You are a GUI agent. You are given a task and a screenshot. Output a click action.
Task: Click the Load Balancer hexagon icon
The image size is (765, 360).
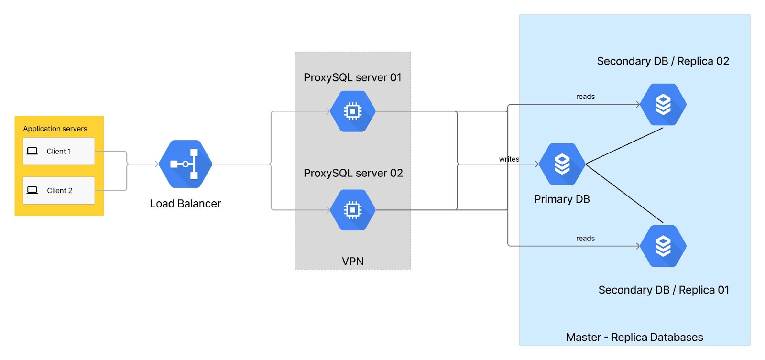click(186, 164)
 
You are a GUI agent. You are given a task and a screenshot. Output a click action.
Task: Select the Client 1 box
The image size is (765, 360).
click(59, 151)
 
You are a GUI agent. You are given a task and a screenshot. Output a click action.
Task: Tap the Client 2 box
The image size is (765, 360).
click(59, 191)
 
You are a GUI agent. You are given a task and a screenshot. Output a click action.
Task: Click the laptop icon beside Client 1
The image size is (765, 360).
click(32, 151)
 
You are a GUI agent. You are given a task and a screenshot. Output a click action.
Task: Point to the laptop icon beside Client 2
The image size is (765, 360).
click(32, 190)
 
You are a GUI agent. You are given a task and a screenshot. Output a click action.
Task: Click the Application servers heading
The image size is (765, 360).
click(55, 129)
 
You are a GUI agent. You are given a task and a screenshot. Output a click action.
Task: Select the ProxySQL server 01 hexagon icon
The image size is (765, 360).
click(353, 111)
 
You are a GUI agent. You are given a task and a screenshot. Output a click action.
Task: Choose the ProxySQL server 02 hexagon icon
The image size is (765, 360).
click(353, 210)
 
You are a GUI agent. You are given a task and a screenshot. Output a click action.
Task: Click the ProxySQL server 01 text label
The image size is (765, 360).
click(352, 77)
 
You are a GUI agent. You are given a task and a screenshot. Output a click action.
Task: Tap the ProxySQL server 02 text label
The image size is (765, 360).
click(353, 173)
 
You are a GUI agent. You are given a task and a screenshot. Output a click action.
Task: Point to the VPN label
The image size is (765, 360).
click(353, 262)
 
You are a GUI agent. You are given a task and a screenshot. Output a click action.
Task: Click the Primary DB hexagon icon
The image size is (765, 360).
click(562, 164)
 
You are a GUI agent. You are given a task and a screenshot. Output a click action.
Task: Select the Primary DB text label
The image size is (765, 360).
click(562, 199)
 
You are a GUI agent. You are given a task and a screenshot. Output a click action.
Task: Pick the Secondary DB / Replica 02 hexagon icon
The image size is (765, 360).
click(663, 105)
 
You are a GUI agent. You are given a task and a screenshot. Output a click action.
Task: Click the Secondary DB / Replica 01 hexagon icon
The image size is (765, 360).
click(663, 246)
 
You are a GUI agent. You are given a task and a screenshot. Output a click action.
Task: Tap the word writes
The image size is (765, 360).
click(509, 159)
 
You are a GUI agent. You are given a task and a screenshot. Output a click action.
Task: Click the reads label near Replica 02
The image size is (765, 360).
click(585, 97)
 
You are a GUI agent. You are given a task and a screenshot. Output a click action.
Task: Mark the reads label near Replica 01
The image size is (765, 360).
click(585, 239)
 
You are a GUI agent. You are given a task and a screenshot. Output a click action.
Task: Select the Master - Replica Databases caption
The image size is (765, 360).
click(634, 338)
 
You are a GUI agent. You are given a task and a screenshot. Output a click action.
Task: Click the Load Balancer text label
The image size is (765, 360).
click(186, 204)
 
